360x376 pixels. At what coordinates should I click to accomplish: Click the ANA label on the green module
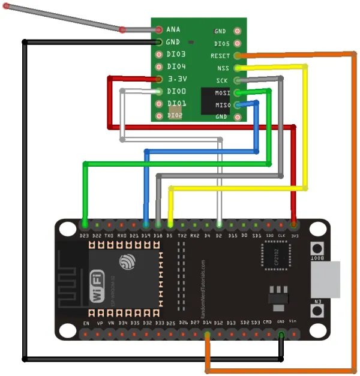173,29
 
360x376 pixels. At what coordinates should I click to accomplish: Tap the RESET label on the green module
220,56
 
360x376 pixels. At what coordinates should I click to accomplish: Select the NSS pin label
223,68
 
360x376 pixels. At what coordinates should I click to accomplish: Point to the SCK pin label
223,80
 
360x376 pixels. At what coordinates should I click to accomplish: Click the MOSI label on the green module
222,93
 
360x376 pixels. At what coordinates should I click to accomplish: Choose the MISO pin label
222,105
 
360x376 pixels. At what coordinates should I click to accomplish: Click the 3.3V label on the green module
177,79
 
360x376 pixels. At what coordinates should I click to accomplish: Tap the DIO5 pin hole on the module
238,44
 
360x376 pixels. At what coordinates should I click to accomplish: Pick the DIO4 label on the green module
176,67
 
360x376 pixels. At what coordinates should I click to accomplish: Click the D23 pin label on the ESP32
85,236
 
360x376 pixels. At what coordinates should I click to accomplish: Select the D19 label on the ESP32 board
146,236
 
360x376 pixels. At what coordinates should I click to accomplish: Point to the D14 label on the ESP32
207,323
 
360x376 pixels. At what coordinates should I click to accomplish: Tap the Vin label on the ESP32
293,322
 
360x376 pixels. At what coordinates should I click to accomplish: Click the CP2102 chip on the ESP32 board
275,255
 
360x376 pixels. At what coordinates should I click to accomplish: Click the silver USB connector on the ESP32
325,279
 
